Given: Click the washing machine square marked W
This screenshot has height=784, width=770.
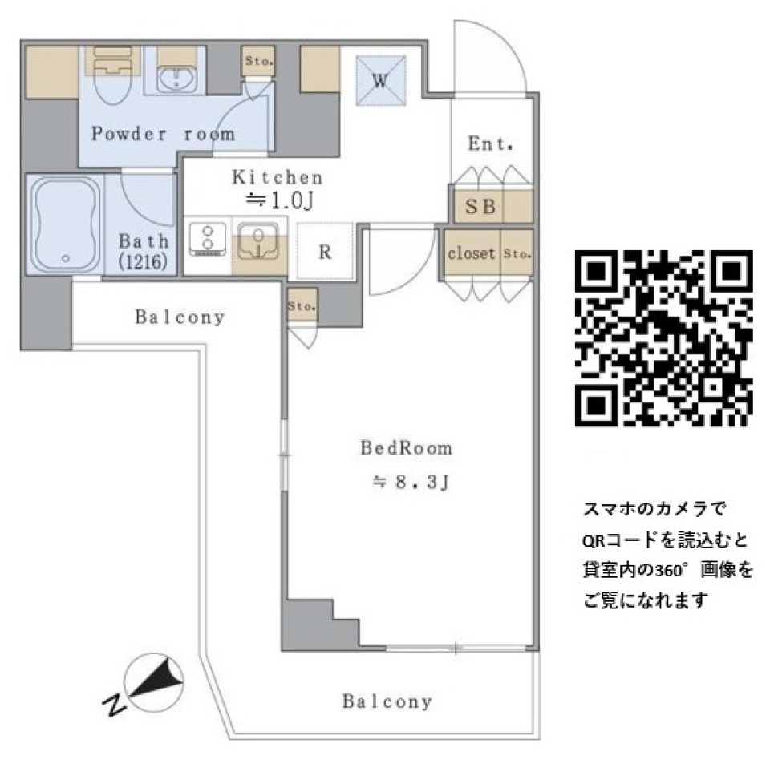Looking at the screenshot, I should click(380, 80).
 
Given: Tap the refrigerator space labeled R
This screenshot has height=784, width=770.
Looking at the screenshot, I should click(325, 252).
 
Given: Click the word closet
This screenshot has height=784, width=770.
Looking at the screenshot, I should click(471, 253).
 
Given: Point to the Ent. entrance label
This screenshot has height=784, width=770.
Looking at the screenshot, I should click(490, 144).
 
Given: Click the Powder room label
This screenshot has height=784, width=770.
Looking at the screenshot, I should click(163, 134).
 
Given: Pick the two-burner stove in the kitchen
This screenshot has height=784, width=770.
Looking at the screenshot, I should click(208, 240).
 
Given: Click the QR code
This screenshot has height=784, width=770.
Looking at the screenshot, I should click(664, 338).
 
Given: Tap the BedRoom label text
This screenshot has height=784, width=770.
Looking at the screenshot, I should click(406, 448).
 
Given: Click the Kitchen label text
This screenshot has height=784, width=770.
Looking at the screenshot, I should click(277, 177).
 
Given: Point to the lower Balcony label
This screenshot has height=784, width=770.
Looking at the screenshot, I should click(387, 702).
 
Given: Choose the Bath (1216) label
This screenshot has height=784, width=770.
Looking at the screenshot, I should click(144, 250).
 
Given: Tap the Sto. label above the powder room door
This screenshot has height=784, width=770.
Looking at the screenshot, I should click(258, 60).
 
